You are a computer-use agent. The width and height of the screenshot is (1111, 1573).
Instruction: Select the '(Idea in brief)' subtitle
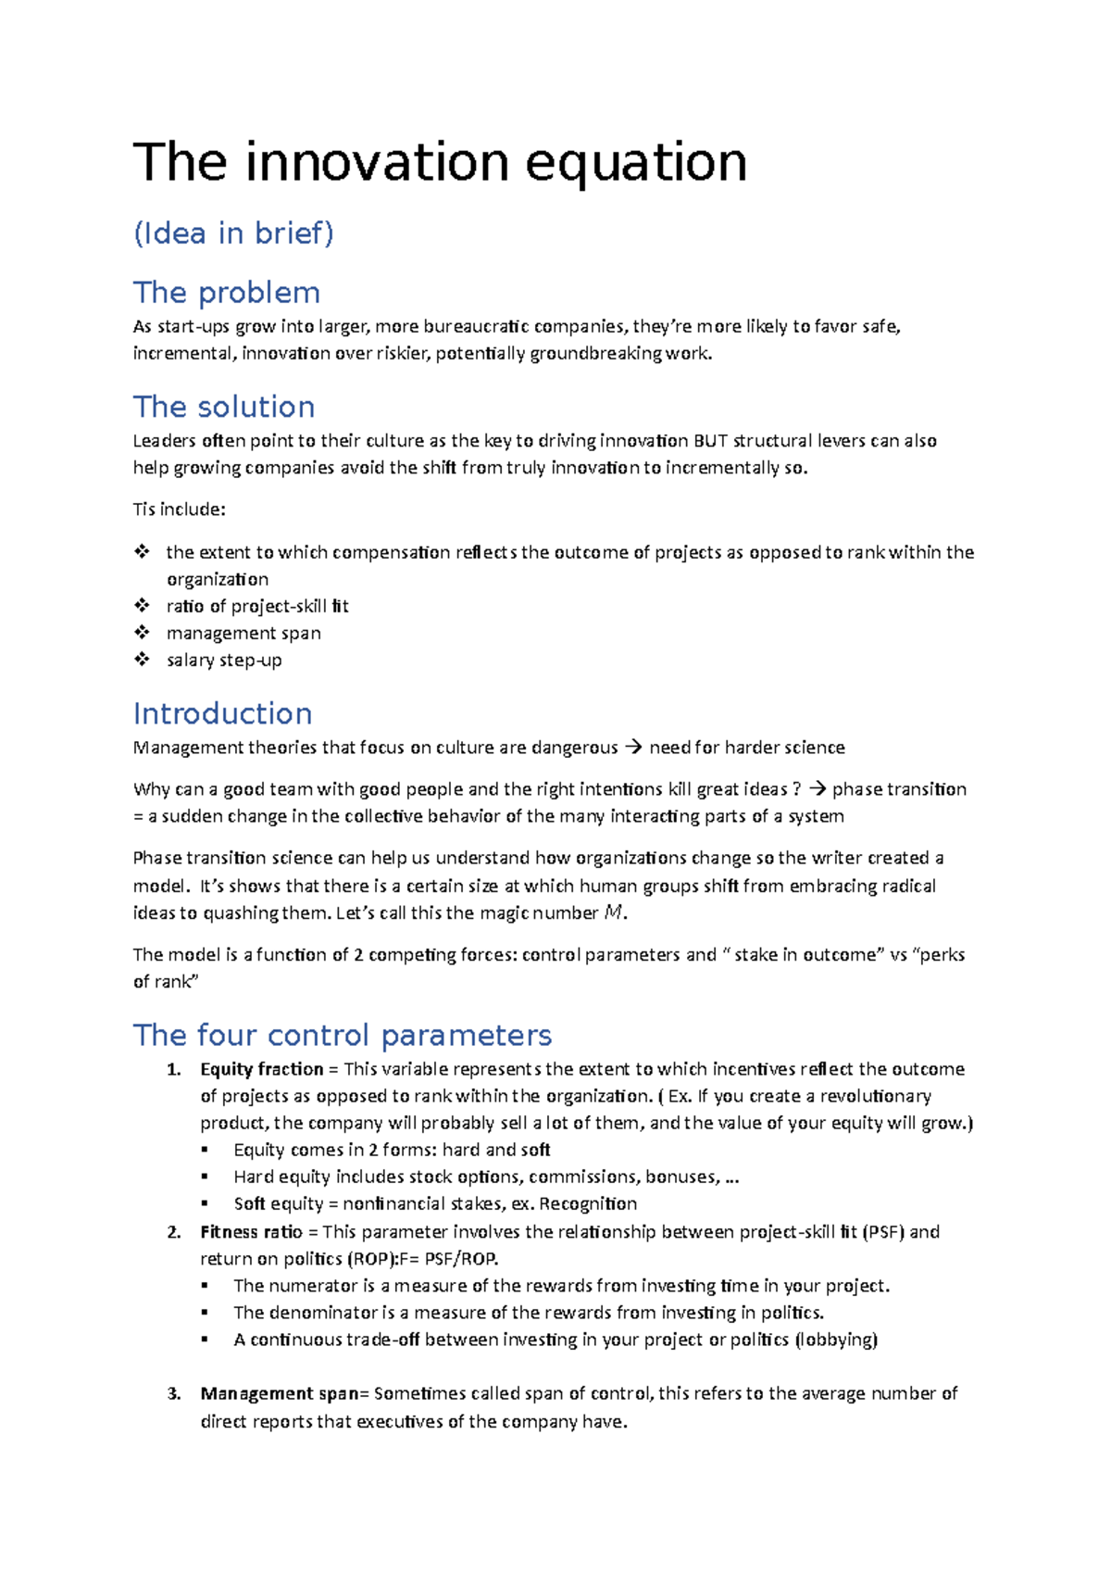tap(233, 233)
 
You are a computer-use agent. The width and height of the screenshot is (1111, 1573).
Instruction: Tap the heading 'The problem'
tap(227, 293)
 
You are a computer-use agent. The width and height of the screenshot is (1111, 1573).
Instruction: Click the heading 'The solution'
tap(224, 407)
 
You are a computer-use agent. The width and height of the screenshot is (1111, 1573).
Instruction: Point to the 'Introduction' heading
tap(222, 713)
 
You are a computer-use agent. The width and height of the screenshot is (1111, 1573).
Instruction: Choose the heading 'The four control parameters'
tap(343, 1035)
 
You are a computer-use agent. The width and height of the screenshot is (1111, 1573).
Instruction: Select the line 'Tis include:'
tap(180, 510)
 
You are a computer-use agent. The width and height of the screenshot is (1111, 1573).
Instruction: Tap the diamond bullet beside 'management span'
tap(142, 633)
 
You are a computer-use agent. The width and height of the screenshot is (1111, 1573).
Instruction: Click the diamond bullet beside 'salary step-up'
tap(142, 660)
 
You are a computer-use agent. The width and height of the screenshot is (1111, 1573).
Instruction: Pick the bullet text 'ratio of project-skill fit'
tap(257, 606)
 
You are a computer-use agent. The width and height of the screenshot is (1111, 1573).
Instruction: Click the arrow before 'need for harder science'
tap(633, 747)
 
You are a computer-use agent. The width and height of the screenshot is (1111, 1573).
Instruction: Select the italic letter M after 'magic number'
tap(613, 912)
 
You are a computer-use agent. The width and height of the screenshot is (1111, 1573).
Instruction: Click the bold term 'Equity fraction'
tap(262, 1069)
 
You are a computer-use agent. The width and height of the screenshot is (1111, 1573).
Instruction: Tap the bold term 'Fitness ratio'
tap(251, 1232)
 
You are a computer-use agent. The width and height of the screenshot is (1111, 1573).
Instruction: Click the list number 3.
tap(173, 1394)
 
